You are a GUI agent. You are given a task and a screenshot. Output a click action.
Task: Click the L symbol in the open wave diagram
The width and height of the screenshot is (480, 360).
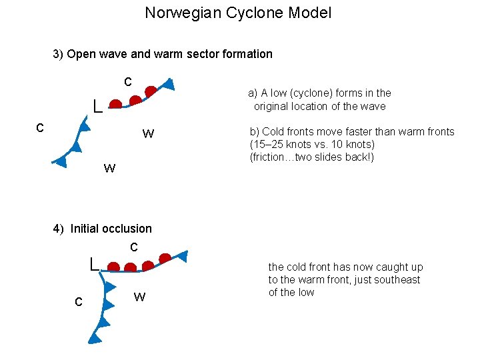coord(97,106)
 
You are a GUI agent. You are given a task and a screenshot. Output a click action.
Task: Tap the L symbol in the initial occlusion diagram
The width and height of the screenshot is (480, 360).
coord(95,263)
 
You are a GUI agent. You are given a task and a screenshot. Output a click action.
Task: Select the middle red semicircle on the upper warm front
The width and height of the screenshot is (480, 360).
coord(135,101)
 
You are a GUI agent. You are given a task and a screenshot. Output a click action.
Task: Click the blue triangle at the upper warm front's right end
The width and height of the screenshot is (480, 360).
coord(169,84)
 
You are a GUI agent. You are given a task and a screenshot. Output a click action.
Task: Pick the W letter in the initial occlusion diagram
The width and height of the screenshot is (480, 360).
coord(139,297)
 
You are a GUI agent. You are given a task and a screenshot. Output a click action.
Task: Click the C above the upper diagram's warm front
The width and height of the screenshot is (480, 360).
coord(127,82)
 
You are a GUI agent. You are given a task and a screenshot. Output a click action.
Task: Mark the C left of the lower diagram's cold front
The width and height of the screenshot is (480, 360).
coord(79,303)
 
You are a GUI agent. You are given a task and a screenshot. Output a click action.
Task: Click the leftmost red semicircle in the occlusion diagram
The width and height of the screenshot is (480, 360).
coord(114,267)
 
